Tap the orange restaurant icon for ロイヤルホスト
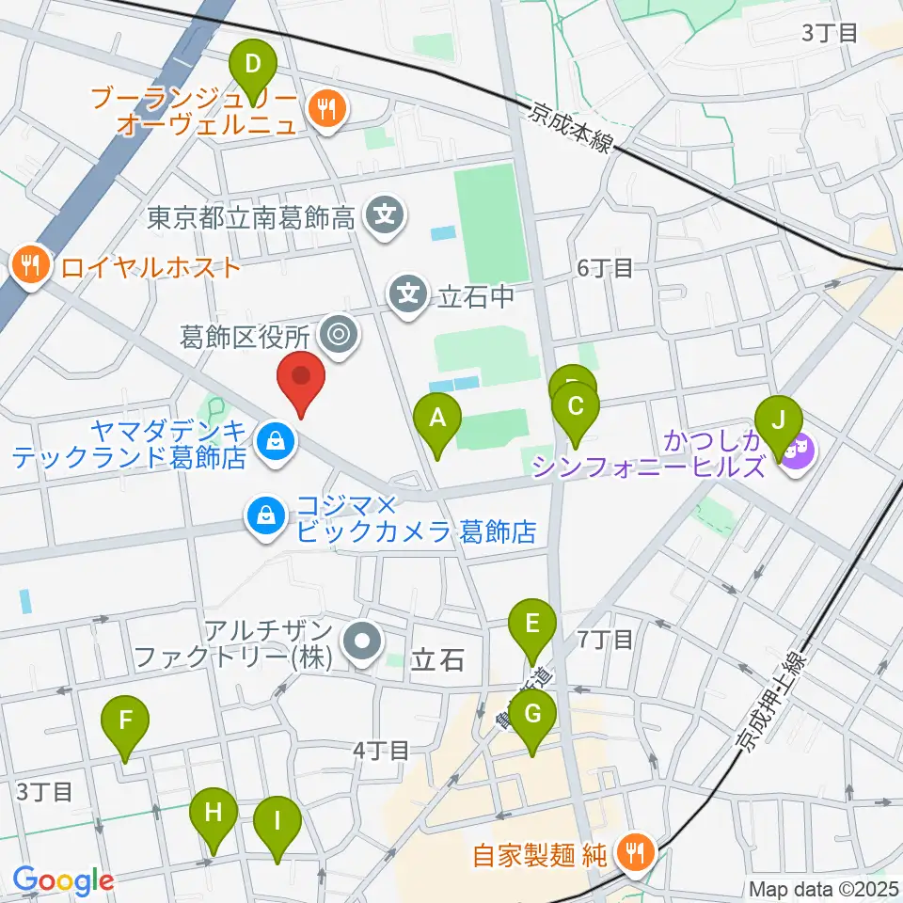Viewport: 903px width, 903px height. pyautogui.click(x=32, y=267)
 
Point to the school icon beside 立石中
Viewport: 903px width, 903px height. pyautogui.click(x=409, y=295)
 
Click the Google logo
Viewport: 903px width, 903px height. pyautogui.click(x=63, y=880)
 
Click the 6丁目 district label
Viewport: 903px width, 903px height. pyautogui.click(x=605, y=268)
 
